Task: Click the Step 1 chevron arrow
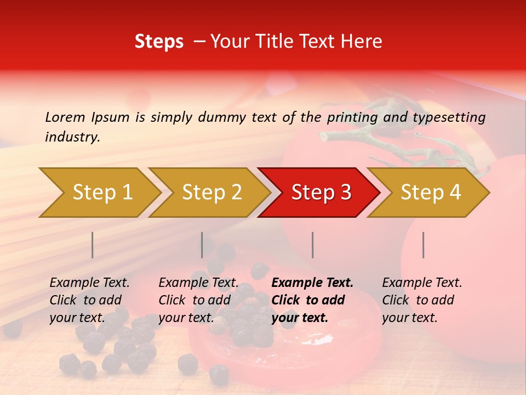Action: point(101,193)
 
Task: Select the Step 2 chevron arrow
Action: point(211,193)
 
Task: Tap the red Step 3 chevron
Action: point(320,193)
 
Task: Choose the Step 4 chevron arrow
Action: point(430,193)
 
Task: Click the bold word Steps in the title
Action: point(159,42)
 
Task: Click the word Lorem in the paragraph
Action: point(65,117)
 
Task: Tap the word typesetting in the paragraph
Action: point(449,117)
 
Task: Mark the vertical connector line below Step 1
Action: point(93,245)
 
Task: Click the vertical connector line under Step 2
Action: point(202,245)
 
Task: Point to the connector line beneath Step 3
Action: point(312,245)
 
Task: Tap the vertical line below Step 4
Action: point(423,245)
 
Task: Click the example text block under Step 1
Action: point(89,300)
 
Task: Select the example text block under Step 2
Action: point(198,300)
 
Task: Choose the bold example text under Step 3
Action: point(312,300)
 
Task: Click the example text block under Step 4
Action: point(422,300)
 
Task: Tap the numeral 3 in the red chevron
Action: point(345,193)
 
